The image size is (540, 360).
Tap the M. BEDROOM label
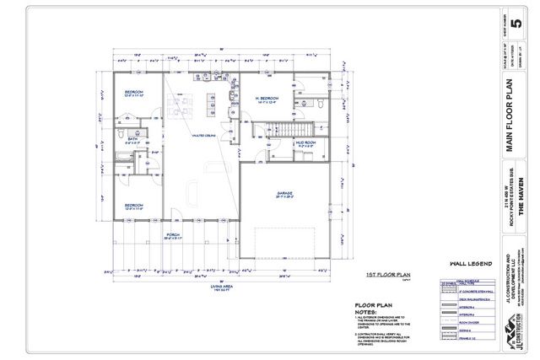click(267, 99)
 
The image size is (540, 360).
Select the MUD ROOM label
click(305, 143)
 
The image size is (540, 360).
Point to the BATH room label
click(133, 141)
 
